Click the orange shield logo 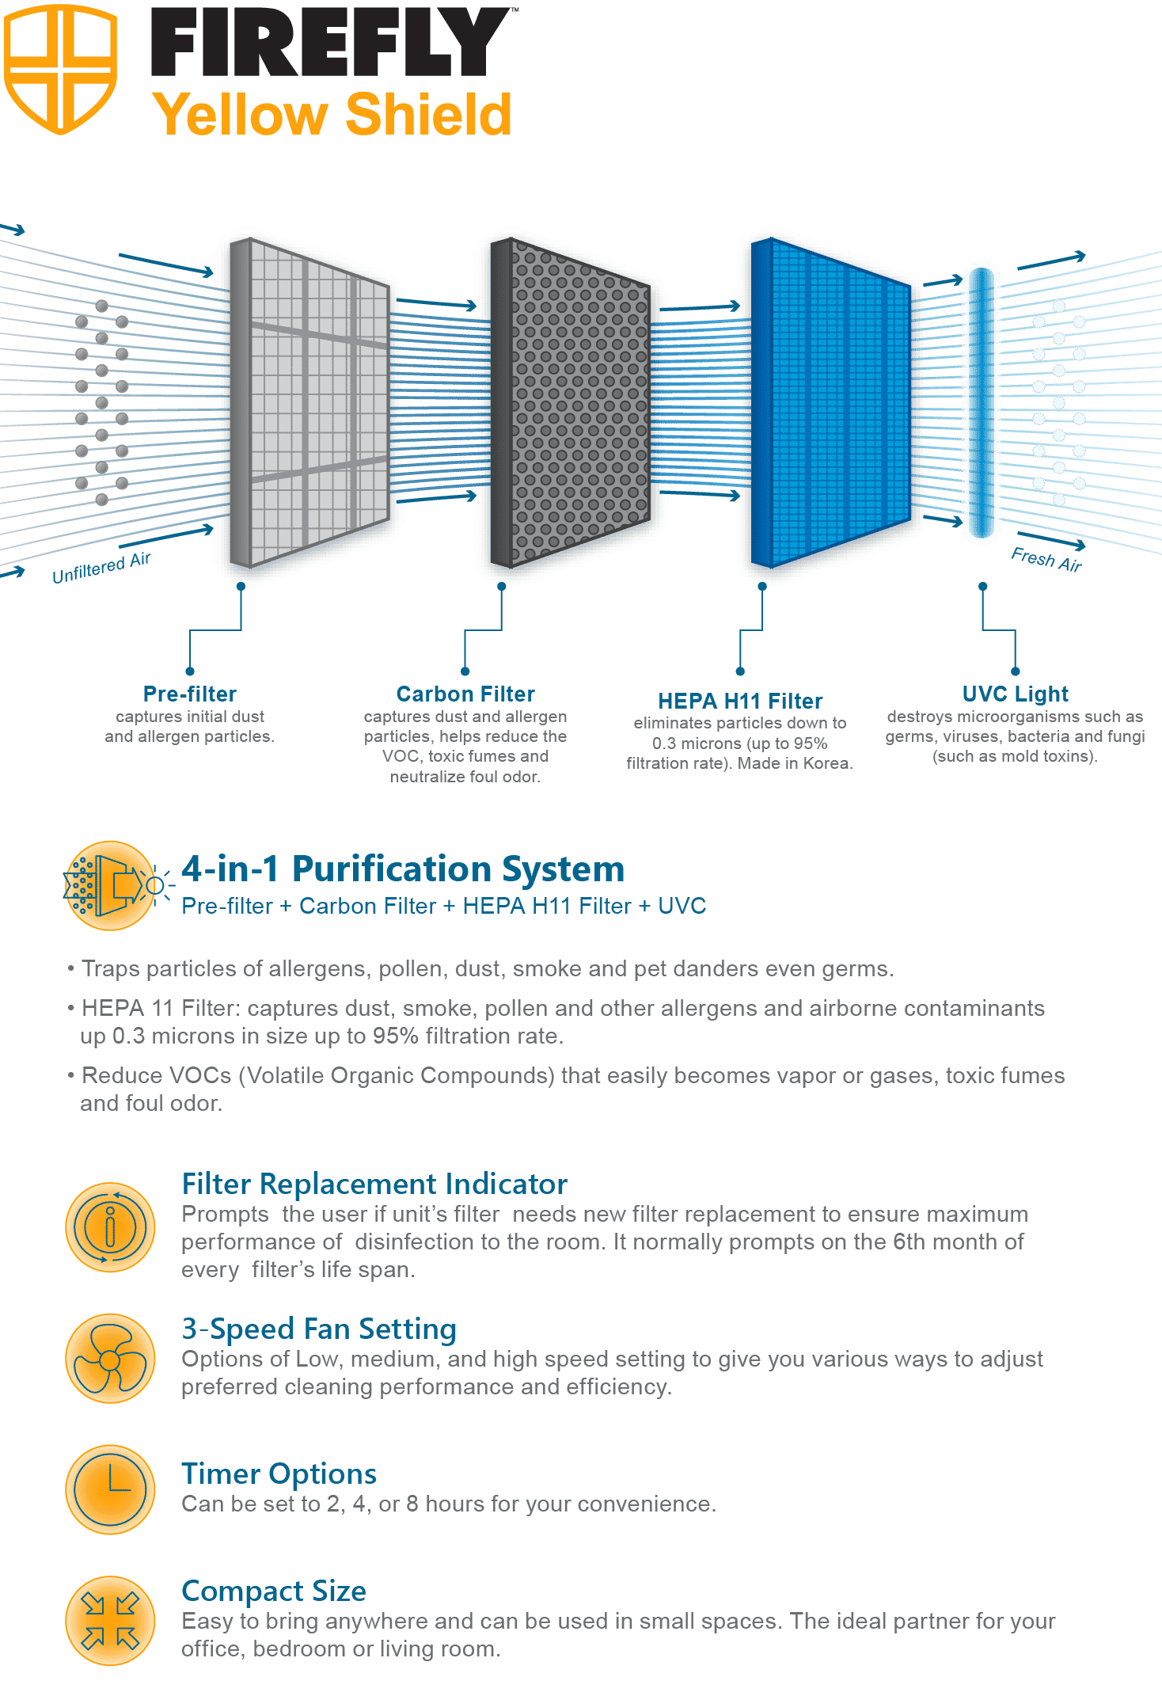pyautogui.click(x=60, y=69)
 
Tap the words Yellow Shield pyautogui.click(x=332, y=115)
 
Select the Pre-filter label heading pyautogui.click(x=190, y=694)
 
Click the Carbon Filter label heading pyautogui.click(x=465, y=694)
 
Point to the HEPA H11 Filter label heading pyautogui.click(x=740, y=701)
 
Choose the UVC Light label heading pyautogui.click(x=1016, y=694)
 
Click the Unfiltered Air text pyautogui.click(x=101, y=568)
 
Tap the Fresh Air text pyautogui.click(x=1046, y=559)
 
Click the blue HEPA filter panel pyautogui.click(x=830, y=402)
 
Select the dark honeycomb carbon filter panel pyautogui.click(x=571, y=402)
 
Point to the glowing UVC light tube pyautogui.click(x=982, y=402)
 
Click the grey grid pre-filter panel pyautogui.click(x=309, y=402)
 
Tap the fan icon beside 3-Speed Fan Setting pyautogui.click(x=110, y=1359)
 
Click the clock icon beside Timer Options pyautogui.click(x=110, y=1489)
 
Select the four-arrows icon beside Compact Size pyautogui.click(x=110, y=1621)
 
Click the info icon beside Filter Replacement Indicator pyautogui.click(x=110, y=1227)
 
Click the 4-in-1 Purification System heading pyautogui.click(x=403, y=869)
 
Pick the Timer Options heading pyautogui.click(x=279, y=1474)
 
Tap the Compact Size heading pyautogui.click(x=274, y=1591)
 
